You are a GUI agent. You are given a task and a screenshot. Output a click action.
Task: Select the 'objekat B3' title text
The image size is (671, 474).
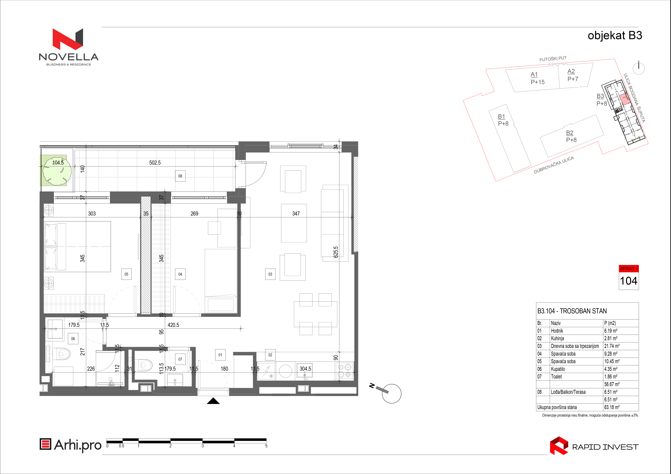click(x=615, y=35)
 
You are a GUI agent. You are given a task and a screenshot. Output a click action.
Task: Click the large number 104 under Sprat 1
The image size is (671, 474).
click(x=629, y=281)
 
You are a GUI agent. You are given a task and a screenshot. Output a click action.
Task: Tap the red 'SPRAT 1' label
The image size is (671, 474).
click(x=629, y=268)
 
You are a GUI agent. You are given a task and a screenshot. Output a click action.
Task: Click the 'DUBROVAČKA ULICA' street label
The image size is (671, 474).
click(x=554, y=165)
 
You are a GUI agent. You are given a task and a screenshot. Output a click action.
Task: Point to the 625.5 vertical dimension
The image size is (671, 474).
click(x=336, y=252)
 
